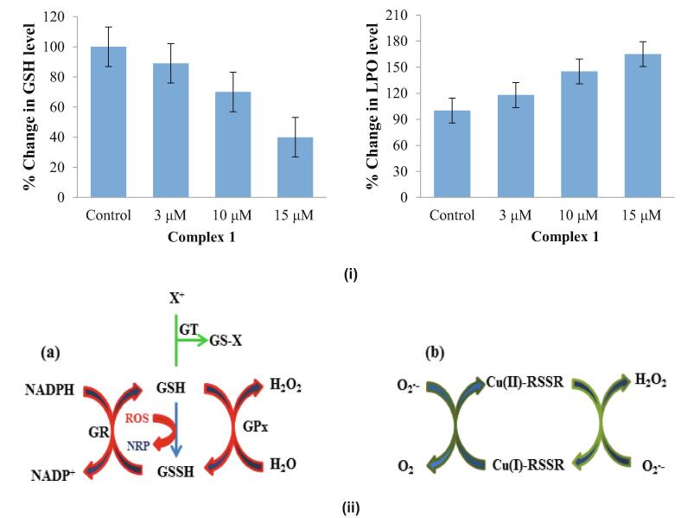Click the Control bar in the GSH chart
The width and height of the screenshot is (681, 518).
(108, 121)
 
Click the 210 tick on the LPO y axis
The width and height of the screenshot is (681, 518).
(398, 16)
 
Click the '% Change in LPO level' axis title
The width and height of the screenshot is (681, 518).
(372, 106)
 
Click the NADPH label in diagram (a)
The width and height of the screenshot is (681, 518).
(48, 389)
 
